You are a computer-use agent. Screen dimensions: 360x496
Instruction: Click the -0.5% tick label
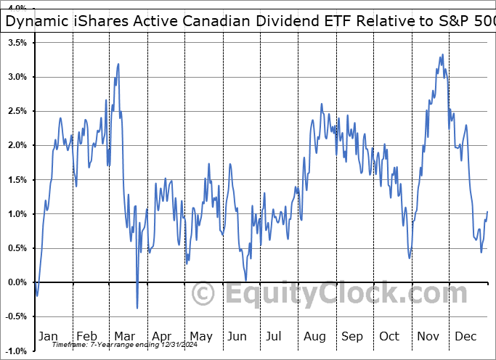tap(15, 316)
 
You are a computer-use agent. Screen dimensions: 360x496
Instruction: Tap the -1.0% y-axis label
tap(15, 351)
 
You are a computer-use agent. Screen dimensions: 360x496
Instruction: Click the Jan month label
tap(48, 336)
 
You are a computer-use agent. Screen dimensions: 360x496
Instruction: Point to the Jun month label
tap(237, 336)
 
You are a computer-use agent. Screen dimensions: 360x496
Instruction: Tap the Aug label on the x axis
tap(314, 336)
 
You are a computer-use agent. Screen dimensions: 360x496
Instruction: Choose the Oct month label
tap(390, 336)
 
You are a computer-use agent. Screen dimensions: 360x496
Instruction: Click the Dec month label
tap(466, 336)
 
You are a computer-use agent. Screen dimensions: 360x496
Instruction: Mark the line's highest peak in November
tap(443, 55)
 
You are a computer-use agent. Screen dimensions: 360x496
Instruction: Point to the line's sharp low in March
tap(137, 308)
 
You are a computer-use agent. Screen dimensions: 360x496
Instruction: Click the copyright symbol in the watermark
tap(202, 295)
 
